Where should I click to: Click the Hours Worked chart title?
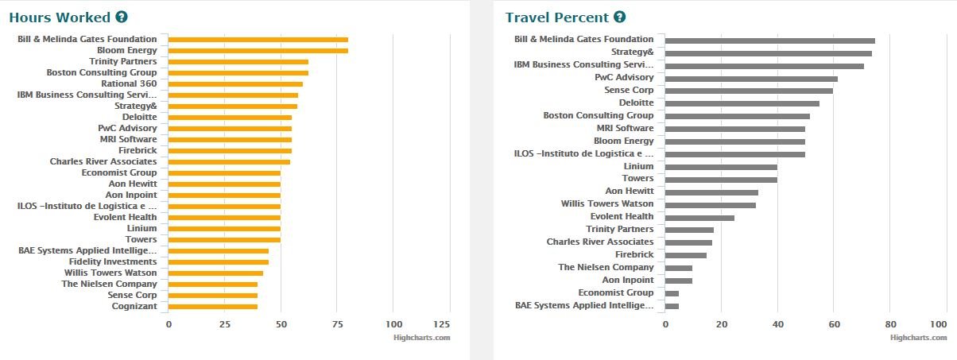[x=60, y=17]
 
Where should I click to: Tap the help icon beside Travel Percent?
[x=620, y=17]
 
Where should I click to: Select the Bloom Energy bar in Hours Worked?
[x=258, y=51]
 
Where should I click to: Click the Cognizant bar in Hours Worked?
[x=213, y=307]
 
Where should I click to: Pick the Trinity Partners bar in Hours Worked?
[x=238, y=62]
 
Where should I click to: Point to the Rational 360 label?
[x=129, y=83]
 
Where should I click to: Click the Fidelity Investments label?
[x=113, y=261]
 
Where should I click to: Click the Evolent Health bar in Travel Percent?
[x=699, y=218]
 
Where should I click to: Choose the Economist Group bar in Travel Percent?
[x=672, y=293]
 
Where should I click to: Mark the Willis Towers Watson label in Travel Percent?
[x=607, y=204]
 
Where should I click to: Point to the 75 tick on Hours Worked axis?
[x=337, y=324]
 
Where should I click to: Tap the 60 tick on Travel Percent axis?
[x=834, y=324]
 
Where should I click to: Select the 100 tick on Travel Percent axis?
[x=938, y=324]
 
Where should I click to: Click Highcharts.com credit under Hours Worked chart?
[x=421, y=338]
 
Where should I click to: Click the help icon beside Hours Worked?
[x=121, y=17]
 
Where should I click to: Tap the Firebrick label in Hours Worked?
[x=138, y=150]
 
